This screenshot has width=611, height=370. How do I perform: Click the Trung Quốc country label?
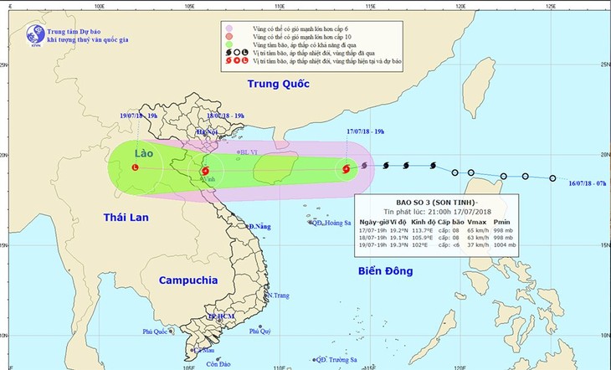click(x=279, y=84)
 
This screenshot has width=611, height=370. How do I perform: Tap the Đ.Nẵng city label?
click(x=262, y=227)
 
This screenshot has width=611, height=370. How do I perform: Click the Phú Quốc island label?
click(x=156, y=332)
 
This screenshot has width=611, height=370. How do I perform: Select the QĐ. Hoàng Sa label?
click(x=331, y=223)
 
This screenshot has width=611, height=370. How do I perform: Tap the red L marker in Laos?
click(x=136, y=167)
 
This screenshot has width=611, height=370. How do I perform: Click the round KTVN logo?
click(x=35, y=34)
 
